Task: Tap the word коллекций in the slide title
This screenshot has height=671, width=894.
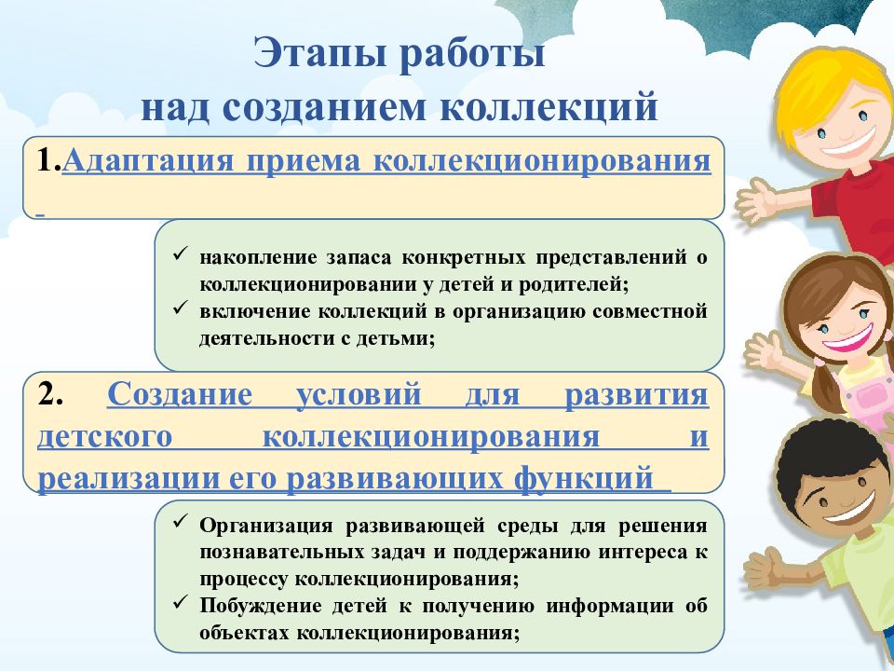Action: (549, 106)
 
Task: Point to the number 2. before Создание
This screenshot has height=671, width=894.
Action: (50, 394)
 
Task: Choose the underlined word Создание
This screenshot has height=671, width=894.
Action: (180, 394)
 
